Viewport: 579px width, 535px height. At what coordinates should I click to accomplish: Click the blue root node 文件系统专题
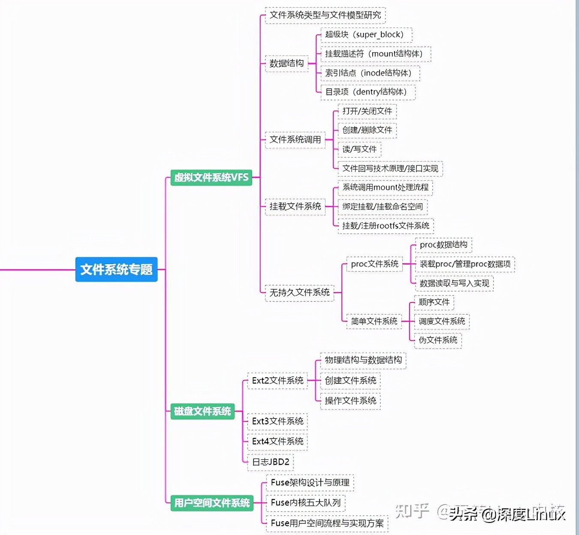coord(116,269)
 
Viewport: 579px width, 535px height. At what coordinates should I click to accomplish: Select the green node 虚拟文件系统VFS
coord(211,177)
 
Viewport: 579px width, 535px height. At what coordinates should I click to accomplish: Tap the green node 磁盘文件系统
coord(202,412)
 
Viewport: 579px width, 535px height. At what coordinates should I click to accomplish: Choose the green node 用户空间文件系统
coord(212,503)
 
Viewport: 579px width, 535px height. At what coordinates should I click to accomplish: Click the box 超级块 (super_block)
coord(366,35)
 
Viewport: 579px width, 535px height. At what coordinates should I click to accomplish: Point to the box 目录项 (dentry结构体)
coord(368,92)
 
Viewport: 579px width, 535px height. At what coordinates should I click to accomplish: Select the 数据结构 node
coord(286,63)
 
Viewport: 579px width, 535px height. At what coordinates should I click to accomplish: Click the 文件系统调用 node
coord(295,140)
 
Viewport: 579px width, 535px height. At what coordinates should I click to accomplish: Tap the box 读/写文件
coord(359,149)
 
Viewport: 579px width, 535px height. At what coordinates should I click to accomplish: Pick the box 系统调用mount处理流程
coord(385,187)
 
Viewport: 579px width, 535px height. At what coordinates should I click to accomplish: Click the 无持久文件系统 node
coord(299,293)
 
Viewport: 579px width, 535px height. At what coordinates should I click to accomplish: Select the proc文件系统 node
coord(374,264)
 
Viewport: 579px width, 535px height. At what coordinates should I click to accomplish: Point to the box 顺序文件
coord(434,302)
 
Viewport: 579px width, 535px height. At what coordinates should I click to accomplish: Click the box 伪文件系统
coord(437,340)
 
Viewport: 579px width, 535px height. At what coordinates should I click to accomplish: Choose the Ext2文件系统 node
coord(277,381)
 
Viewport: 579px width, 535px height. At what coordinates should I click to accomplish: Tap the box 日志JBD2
coord(271,462)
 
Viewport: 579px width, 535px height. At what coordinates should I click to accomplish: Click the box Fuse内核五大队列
coord(305,502)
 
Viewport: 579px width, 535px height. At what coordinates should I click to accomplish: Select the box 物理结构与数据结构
coord(363,360)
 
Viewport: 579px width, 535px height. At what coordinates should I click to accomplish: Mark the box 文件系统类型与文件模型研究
coord(325,15)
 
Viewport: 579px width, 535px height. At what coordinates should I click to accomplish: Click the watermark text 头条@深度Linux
coord(507,513)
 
